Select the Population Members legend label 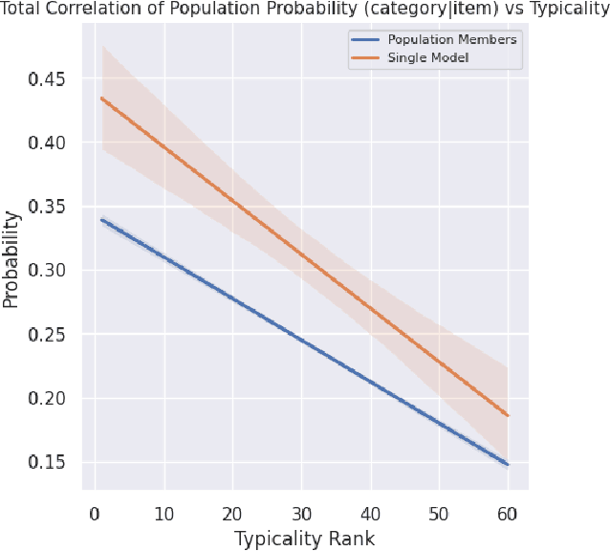451,40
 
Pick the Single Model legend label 428,58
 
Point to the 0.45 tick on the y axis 47,79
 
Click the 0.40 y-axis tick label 47,143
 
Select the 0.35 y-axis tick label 47,207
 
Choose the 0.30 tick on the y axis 47,271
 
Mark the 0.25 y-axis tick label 47,335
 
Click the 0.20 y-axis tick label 47,398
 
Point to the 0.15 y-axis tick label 47,462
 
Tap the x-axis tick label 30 301,514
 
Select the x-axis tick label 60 508,514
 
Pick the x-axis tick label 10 163,514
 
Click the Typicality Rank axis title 304,539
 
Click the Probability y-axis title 11,260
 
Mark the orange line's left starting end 101,98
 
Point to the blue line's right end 508,464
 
